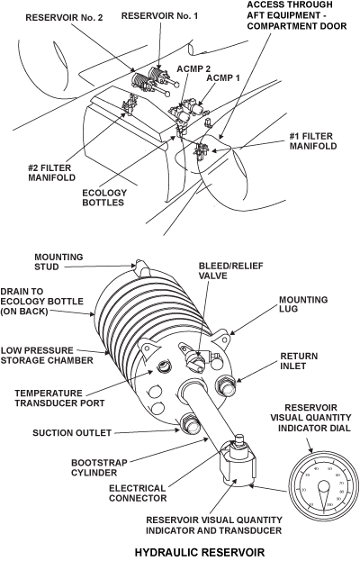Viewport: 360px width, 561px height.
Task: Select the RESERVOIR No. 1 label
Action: (x=155, y=15)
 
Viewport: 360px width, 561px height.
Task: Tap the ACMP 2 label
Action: (x=194, y=68)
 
